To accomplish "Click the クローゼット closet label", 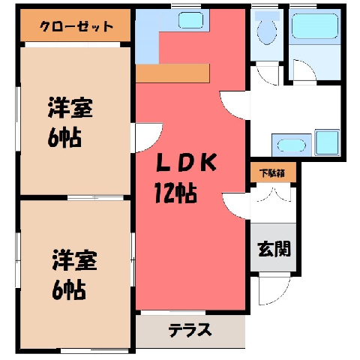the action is point(76,26).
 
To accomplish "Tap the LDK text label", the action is point(186,162).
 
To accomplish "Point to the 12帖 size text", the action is point(175,193).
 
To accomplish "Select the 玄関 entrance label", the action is point(274,249).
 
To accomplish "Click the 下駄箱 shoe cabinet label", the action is point(272,173).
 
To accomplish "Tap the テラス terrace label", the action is point(190,330).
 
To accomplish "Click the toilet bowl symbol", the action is point(267,28).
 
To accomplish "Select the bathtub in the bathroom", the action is point(315,26).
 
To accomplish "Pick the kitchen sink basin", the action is point(190,20).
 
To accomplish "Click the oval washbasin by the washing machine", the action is point(292,145).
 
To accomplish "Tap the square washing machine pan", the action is point(327,142).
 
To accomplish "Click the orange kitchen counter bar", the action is point(172,73).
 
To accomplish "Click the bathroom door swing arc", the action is point(304,70).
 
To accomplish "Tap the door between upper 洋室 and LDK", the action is point(148,137).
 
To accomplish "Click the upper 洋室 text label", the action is point(70,108).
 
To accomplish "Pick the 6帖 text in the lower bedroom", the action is point(69,290).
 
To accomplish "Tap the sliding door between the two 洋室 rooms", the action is point(95,198).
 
